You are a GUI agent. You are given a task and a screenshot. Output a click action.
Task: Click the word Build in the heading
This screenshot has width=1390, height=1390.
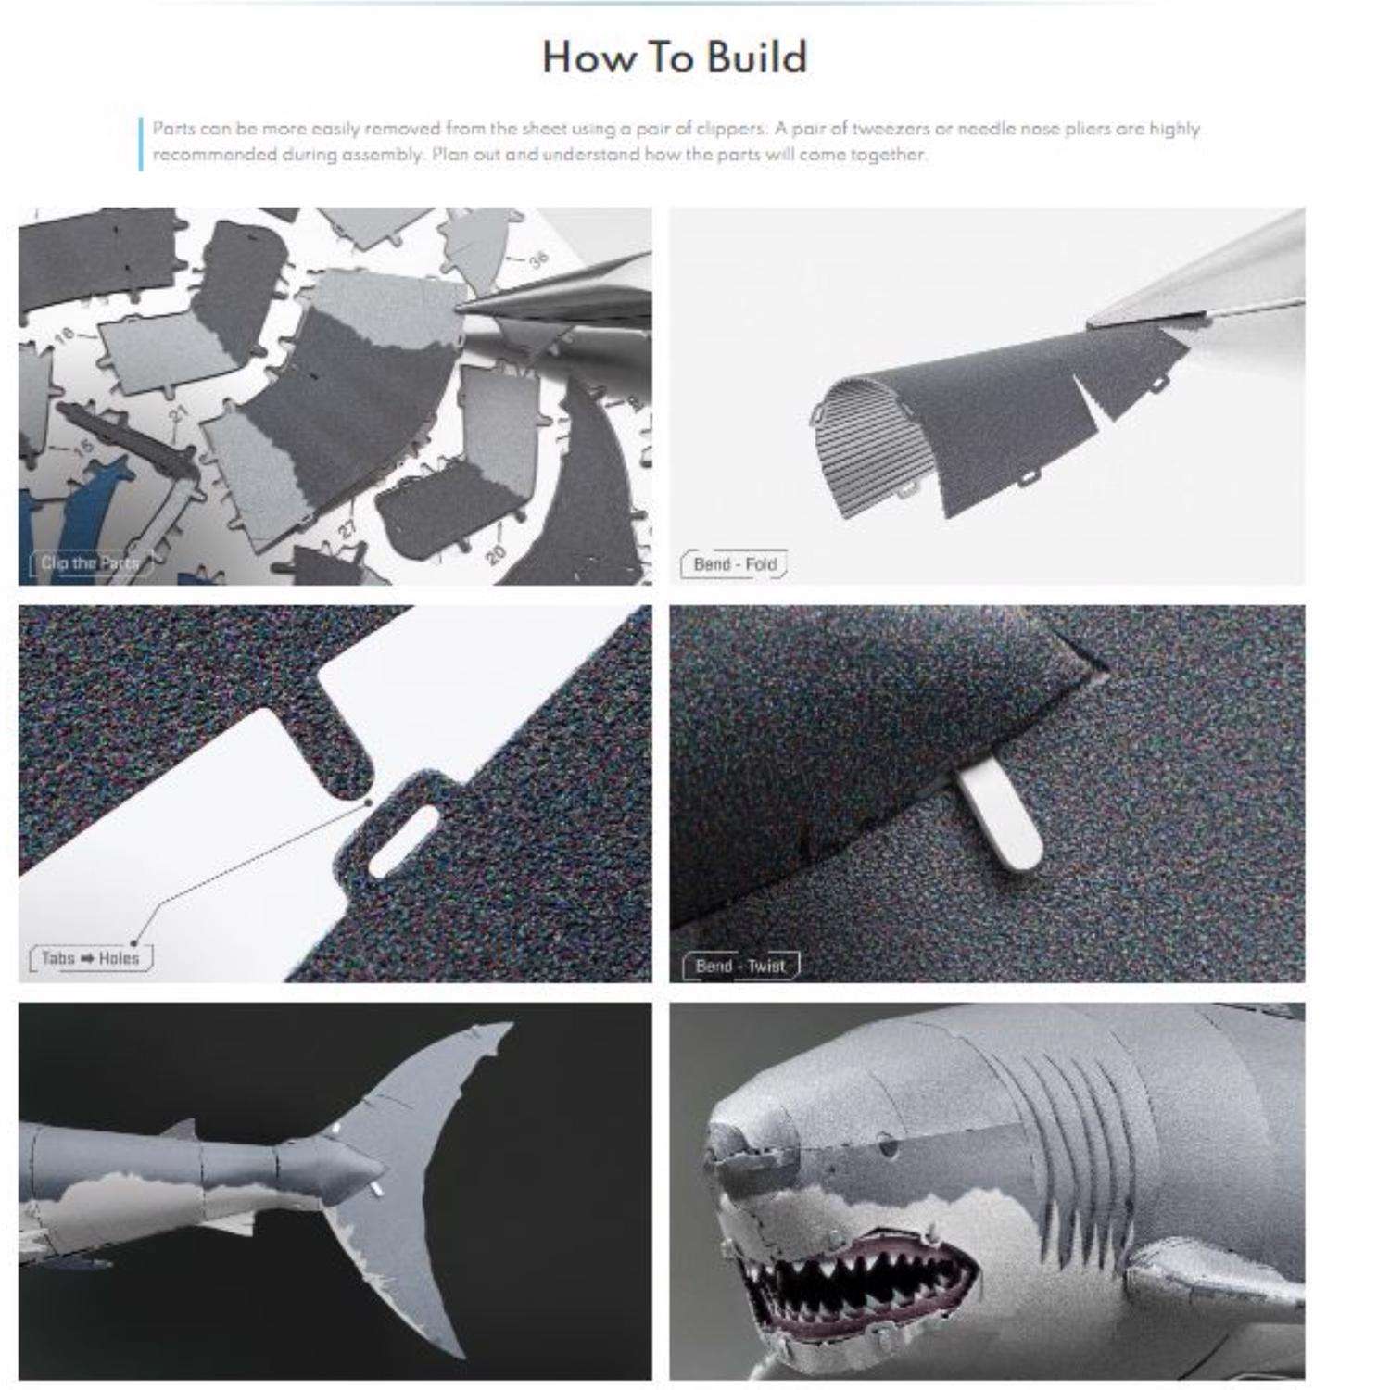tap(756, 57)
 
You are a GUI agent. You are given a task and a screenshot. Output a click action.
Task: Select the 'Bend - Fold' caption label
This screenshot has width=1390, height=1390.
tap(734, 563)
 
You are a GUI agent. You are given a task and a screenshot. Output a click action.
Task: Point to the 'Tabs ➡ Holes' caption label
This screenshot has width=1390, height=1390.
tap(90, 958)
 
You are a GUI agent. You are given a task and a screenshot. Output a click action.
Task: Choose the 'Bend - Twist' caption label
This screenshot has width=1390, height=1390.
tap(739, 966)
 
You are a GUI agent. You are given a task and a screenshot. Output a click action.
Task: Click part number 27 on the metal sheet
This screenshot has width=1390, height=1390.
tap(347, 531)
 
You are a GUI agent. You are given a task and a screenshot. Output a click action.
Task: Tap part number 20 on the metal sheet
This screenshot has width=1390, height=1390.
tap(495, 553)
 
